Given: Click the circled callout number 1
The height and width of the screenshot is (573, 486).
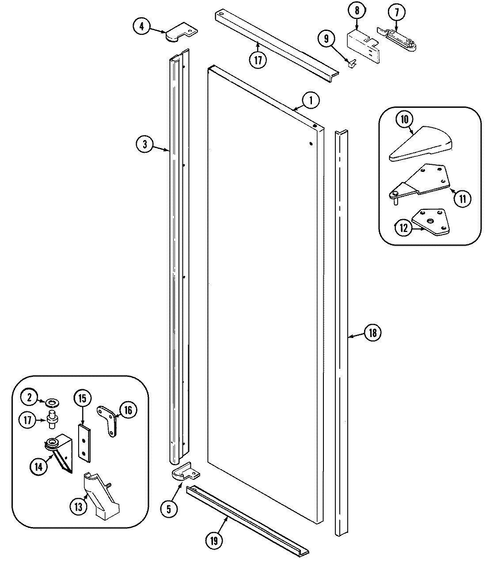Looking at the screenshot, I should [x=311, y=101].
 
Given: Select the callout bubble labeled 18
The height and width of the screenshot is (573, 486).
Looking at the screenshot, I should [x=372, y=333].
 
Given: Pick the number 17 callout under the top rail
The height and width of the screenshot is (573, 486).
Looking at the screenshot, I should [x=258, y=60].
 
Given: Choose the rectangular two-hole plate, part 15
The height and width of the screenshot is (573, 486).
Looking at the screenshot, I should [x=84, y=442].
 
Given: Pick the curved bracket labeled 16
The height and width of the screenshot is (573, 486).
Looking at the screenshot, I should [x=110, y=420].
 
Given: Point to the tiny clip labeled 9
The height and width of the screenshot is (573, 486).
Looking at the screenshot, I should [x=351, y=65].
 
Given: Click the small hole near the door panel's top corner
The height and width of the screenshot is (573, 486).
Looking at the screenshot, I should [x=311, y=143].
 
